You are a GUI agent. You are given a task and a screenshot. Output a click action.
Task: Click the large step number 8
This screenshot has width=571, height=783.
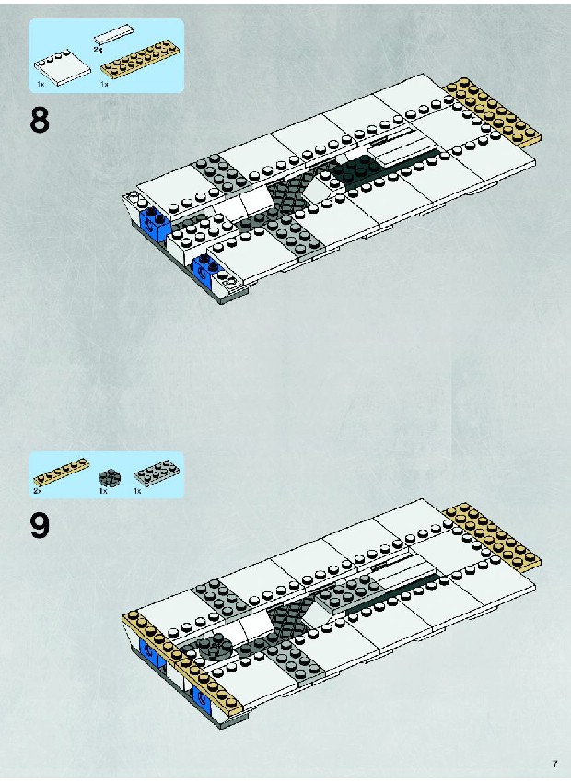(x=40, y=120)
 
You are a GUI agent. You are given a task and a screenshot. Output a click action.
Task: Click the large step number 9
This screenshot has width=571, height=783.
(x=40, y=525)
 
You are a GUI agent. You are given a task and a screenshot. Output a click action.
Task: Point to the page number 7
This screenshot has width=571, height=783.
(x=554, y=764)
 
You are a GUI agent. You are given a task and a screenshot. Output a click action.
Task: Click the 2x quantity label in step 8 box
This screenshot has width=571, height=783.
(x=98, y=49)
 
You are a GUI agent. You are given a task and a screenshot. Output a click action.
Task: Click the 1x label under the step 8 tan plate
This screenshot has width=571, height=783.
(x=104, y=84)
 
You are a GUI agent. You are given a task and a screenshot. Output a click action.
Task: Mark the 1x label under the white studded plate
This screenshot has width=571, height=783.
(x=41, y=84)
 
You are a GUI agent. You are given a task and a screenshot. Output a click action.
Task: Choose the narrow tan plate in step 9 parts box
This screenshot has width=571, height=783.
(x=62, y=472)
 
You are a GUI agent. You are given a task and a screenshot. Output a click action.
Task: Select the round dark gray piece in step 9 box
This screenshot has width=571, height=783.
(x=109, y=478)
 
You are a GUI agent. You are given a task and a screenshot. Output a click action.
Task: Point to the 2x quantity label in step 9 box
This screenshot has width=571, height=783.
(x=38, y=491)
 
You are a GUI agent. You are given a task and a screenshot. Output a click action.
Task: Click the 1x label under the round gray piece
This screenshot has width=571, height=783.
(x=103, y=491)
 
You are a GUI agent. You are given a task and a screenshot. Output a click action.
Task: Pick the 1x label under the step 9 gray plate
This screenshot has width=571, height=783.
(x=138, y=491)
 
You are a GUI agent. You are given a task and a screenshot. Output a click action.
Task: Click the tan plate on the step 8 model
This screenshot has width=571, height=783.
(x=492, y=113)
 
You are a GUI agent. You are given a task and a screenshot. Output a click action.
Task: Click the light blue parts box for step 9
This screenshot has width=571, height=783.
(x=106, y=474)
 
